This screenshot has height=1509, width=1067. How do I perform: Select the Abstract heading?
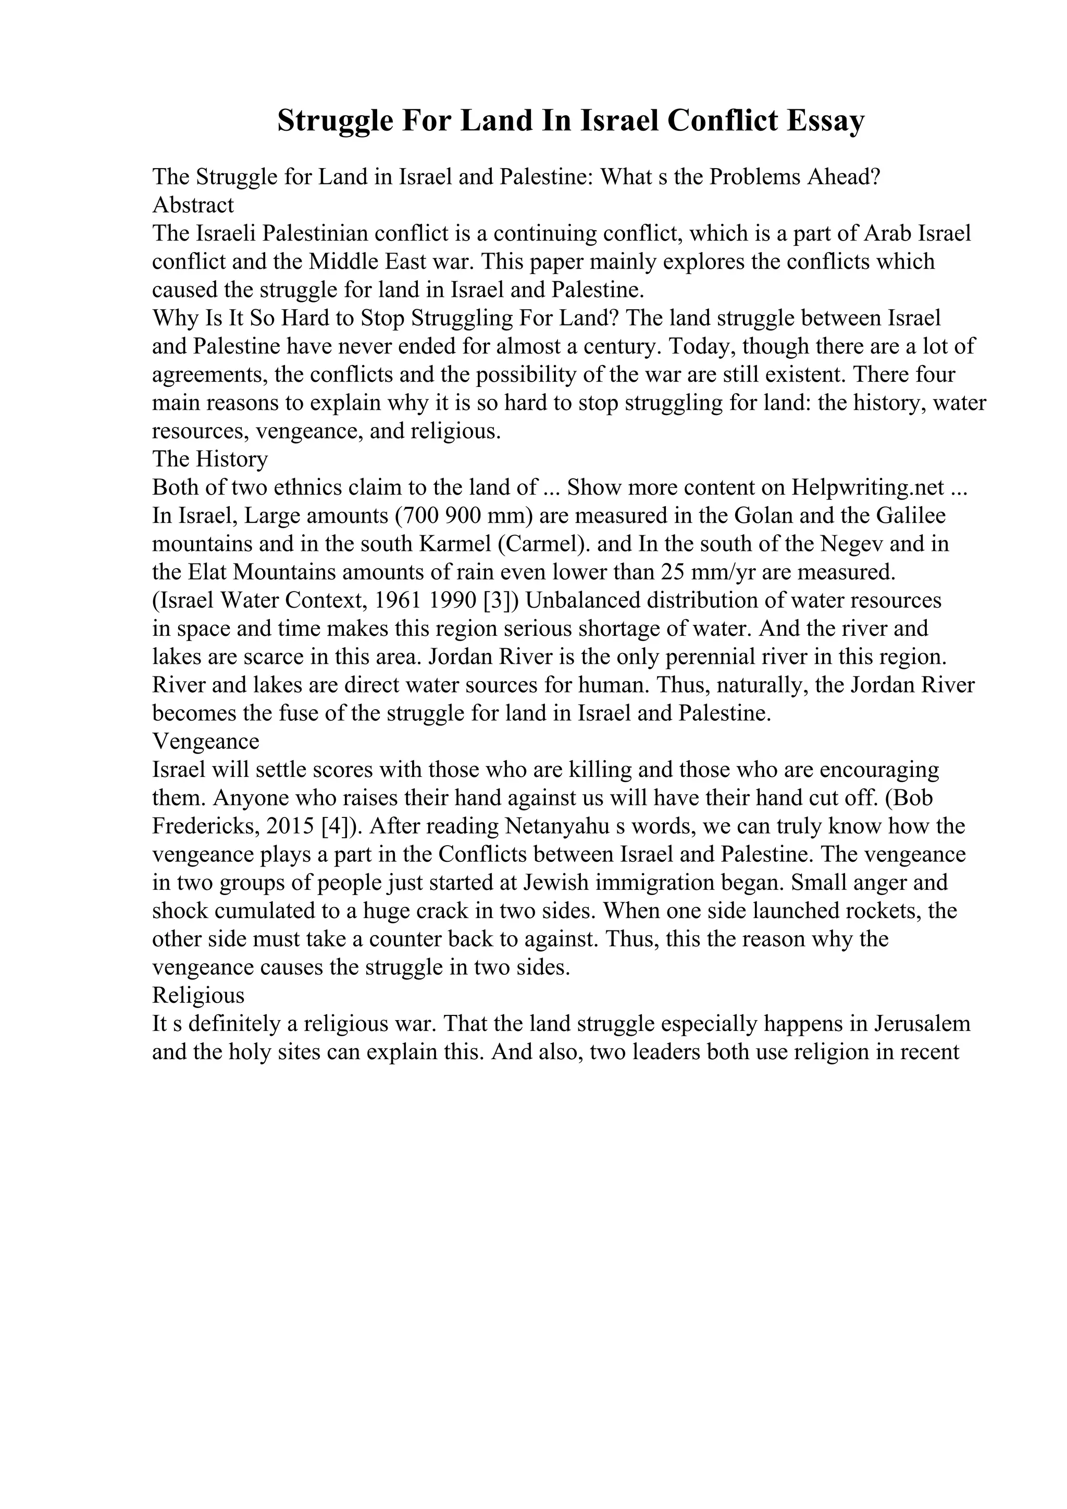click(193, 205)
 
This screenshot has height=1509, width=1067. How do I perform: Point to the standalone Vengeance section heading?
click(206, 741)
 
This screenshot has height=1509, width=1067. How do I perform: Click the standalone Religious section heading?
click(198, 995)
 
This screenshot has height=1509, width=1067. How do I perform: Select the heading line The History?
click(210, 459)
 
